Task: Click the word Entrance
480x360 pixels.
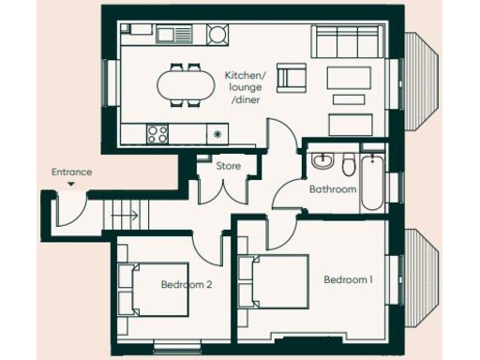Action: pyautogui.click(x=72, y=172)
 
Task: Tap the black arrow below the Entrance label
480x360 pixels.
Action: pyautogui.click(x=72, y=185)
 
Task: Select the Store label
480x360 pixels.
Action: pyautogui.click(x=230, y=166)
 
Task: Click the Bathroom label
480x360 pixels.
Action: pyautogui.click(x=333, y=189)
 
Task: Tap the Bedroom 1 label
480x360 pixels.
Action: pyautogui.click(x=349, y=279)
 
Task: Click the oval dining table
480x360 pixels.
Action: pyautogui.click(x=184, y=84)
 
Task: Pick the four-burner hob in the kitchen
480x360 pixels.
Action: pyautogui.click(x=157, y=133)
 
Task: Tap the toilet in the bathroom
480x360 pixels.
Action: pyautogui.click(x=348, y=166)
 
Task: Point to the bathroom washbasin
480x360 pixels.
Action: pyautogui.click(x=323, y=162)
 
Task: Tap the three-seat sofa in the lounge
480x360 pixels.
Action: pyautogui.click(x=347, y=43)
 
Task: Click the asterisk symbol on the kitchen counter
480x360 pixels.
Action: pyautogui.click(x=217, y=134)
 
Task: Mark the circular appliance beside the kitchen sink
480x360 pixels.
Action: pyautogui.click(x=217, y=36)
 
